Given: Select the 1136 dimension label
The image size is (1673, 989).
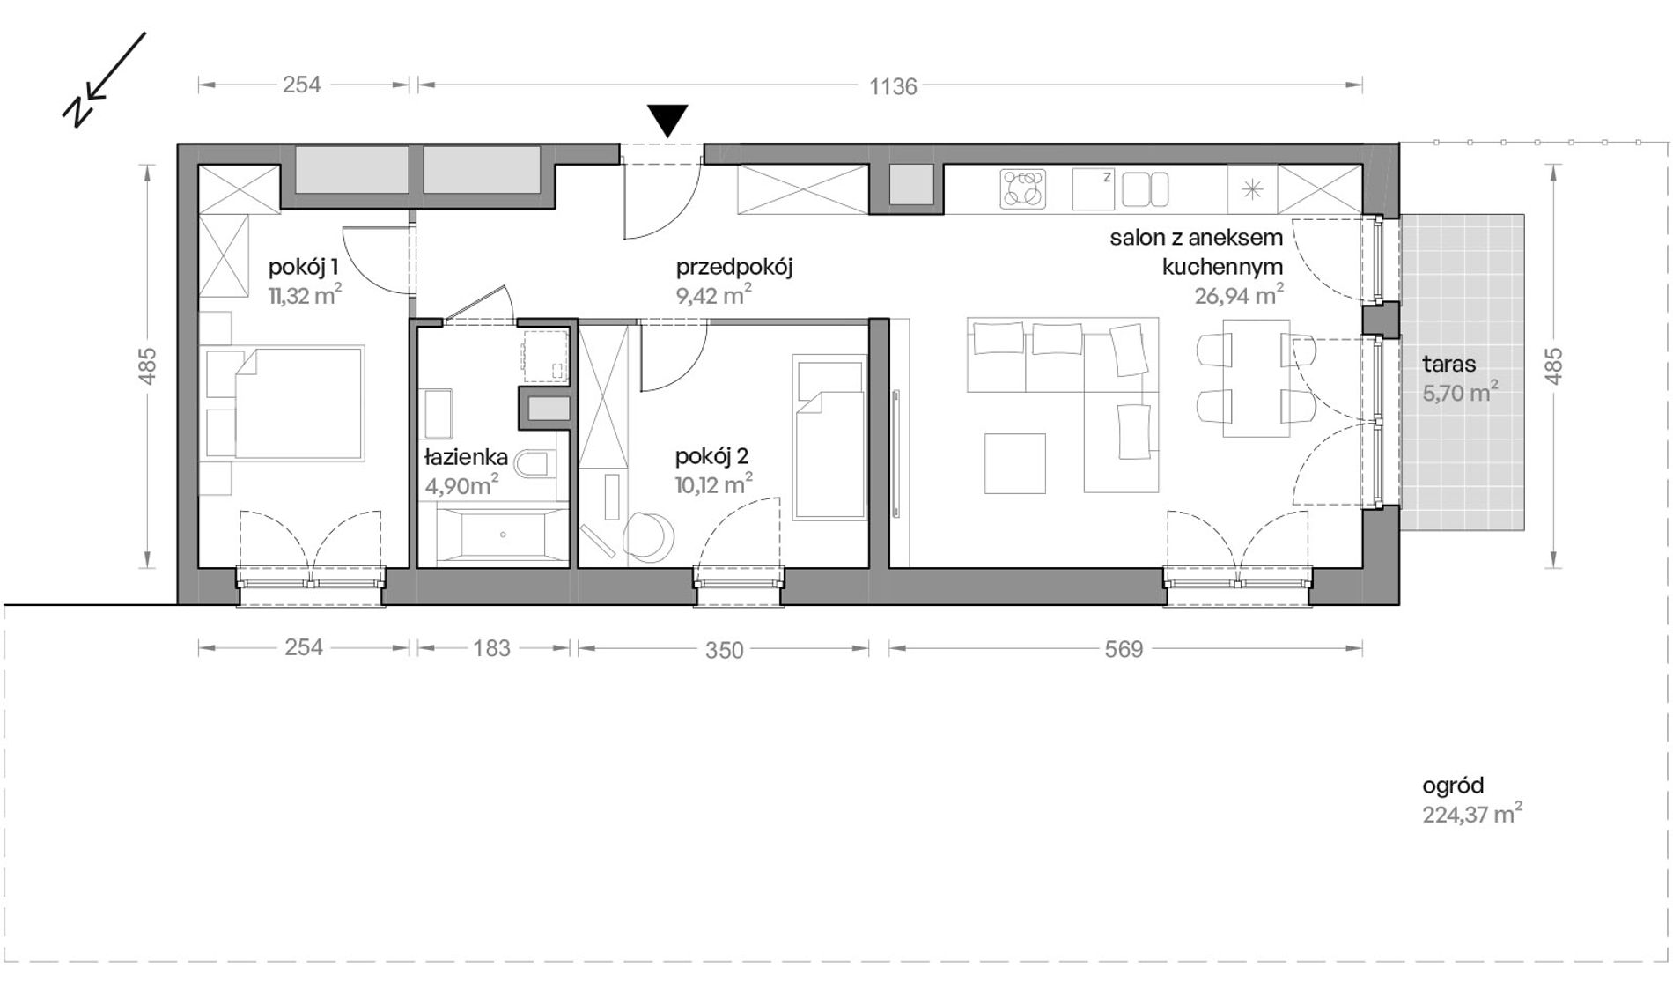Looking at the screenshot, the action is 893,86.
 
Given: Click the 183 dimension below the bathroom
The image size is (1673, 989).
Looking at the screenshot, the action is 491,648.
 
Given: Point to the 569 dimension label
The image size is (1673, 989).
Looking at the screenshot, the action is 1124,649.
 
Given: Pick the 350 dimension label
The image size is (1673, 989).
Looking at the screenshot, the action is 725,650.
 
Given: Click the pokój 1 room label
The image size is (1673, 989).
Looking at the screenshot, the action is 303,267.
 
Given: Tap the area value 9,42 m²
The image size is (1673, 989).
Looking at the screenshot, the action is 714,294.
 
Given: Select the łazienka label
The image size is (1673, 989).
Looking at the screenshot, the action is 466,456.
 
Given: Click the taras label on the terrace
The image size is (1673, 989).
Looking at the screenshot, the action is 1449,364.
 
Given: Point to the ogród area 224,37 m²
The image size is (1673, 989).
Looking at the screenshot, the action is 1472,814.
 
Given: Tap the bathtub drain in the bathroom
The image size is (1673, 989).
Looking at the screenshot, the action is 503,535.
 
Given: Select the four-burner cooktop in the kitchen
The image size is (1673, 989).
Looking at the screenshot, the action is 1023,188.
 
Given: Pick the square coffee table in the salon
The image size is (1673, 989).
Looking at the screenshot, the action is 1015,463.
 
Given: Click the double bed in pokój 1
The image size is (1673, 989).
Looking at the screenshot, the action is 299,402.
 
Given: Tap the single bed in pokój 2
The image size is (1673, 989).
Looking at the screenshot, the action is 829,438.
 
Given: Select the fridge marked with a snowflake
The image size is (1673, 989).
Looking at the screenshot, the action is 1252,188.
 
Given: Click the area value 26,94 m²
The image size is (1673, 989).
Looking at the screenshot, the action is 1239,294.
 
